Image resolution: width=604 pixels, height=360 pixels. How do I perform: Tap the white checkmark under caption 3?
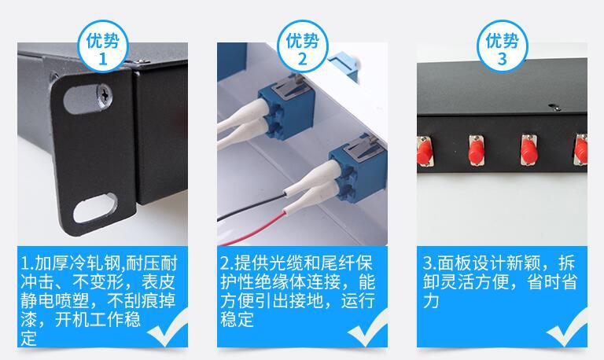pos(567,329)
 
